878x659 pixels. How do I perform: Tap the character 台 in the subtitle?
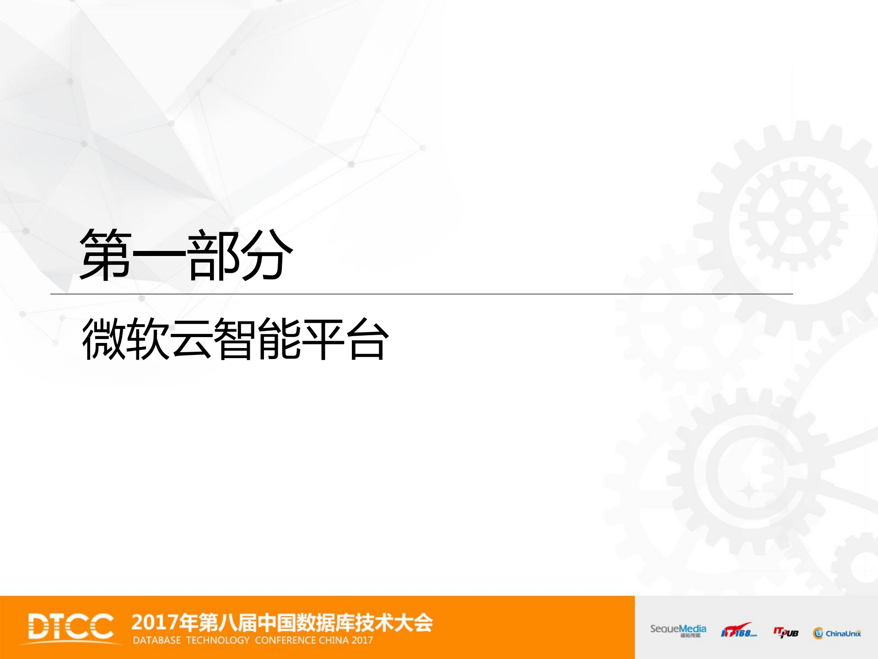367,339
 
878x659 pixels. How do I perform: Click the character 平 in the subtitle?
323,339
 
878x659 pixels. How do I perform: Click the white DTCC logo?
71,626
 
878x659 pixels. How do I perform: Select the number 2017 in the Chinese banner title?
155,623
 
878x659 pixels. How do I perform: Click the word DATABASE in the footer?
157,640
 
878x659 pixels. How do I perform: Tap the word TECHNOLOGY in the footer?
218,640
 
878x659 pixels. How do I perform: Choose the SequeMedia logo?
678,631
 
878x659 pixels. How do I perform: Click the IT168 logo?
738,631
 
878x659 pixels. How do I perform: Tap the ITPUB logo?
786,632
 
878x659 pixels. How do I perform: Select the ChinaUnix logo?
837,633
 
